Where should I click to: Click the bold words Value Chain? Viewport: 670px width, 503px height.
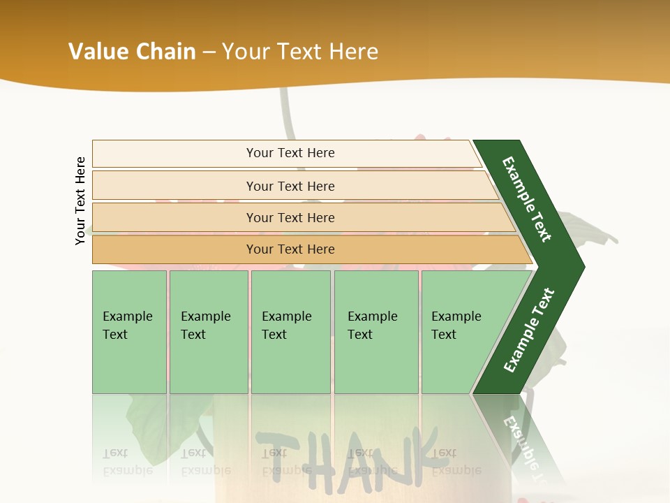(132, 52)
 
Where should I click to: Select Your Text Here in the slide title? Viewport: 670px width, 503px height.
(300, 52)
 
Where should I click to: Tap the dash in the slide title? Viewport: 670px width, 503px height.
(209, 52)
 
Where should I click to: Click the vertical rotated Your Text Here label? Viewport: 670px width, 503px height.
(80, 201)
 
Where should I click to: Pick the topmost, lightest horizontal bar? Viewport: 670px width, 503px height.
(290, 153)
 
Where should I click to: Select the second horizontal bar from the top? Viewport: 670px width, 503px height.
(290, 186)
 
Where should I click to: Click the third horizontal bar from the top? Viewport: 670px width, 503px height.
(290, 217)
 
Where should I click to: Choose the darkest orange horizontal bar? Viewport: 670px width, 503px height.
(290, 249)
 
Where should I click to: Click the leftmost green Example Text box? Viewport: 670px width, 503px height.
(129, 332)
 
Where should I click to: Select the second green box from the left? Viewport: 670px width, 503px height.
(208, 332)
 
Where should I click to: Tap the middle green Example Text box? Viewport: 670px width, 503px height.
(290, 332)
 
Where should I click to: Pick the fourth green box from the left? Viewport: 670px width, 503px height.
(375, 332)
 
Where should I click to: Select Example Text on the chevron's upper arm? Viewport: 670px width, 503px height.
(528, 199)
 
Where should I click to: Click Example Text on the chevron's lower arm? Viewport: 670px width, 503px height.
(529, 330)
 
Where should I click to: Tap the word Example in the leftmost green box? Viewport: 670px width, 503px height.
(127, 316)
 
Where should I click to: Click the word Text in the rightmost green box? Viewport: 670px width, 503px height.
(444, 335)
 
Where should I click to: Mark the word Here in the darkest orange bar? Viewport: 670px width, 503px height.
(320, 249)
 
